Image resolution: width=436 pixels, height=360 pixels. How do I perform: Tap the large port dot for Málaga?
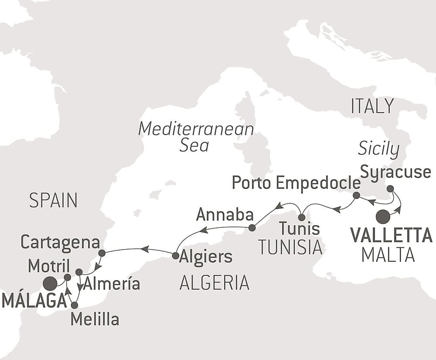click(x=50, y=284)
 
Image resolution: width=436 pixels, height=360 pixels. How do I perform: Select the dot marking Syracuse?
click(x=390, y=189)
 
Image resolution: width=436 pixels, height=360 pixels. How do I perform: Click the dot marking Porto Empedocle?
click(x=356, y=195)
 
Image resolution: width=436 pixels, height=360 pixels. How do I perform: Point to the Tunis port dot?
click(x=301, y=217)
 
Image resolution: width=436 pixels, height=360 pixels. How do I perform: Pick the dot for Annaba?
click(x=252, y=227)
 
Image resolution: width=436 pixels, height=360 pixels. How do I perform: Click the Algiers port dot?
click(x=175, y=256)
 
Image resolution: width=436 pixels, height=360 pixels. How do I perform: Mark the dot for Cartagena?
click(x=102, y=253)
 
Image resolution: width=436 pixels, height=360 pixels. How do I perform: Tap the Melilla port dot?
click(x=74, y=305)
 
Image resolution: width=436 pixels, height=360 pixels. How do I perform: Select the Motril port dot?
click(x=67, y=277)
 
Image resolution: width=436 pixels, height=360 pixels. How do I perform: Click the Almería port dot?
click(x=79, y=272)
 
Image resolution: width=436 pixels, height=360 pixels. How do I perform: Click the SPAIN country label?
click(x=53, y=201)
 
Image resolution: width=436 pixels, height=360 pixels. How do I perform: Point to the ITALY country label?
click(x=372, y=106)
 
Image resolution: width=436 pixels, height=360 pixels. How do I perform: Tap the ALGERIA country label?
click(x=215, y=283)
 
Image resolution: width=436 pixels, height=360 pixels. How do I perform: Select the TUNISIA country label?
click(x=290, y=247)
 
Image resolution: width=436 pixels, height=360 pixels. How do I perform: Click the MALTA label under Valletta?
click(x=388, y=255)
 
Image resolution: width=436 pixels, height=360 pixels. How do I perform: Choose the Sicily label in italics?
click(x=378, y=149)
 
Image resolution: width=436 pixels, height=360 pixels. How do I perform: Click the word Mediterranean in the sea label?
click(x=196, y=129)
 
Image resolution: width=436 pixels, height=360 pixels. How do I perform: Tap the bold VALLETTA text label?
click(x=391, y=236)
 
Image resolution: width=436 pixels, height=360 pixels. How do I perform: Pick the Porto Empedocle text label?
click(x=296, y=182)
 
